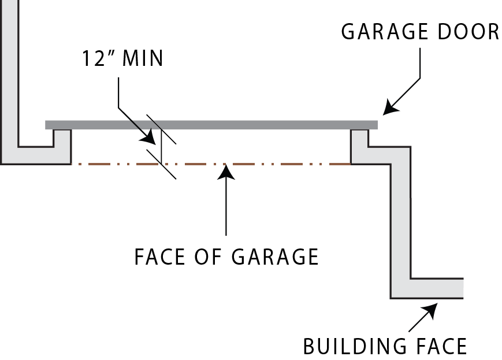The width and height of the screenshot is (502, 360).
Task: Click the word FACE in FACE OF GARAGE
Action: point(159,255)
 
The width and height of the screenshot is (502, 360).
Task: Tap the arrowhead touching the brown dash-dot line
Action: point(226,170)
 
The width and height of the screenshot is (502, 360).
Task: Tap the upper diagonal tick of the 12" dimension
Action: point(161,129)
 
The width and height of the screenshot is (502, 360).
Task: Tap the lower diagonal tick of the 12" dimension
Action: point(161,164)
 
